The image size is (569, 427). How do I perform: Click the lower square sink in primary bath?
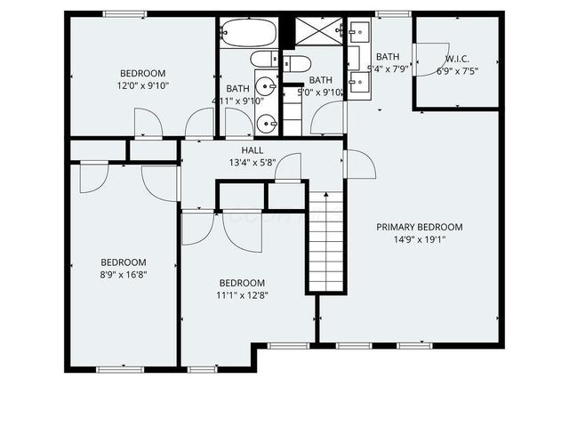360,83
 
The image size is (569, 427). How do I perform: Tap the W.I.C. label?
456,59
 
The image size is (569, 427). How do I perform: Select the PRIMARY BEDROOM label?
420,227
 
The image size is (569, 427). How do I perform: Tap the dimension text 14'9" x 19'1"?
420,239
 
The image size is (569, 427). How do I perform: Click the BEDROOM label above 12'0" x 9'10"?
143,73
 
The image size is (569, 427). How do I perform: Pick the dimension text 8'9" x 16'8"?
123,275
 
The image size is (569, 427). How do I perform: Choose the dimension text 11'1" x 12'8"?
242,295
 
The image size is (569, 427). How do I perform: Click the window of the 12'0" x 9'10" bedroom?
124,13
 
